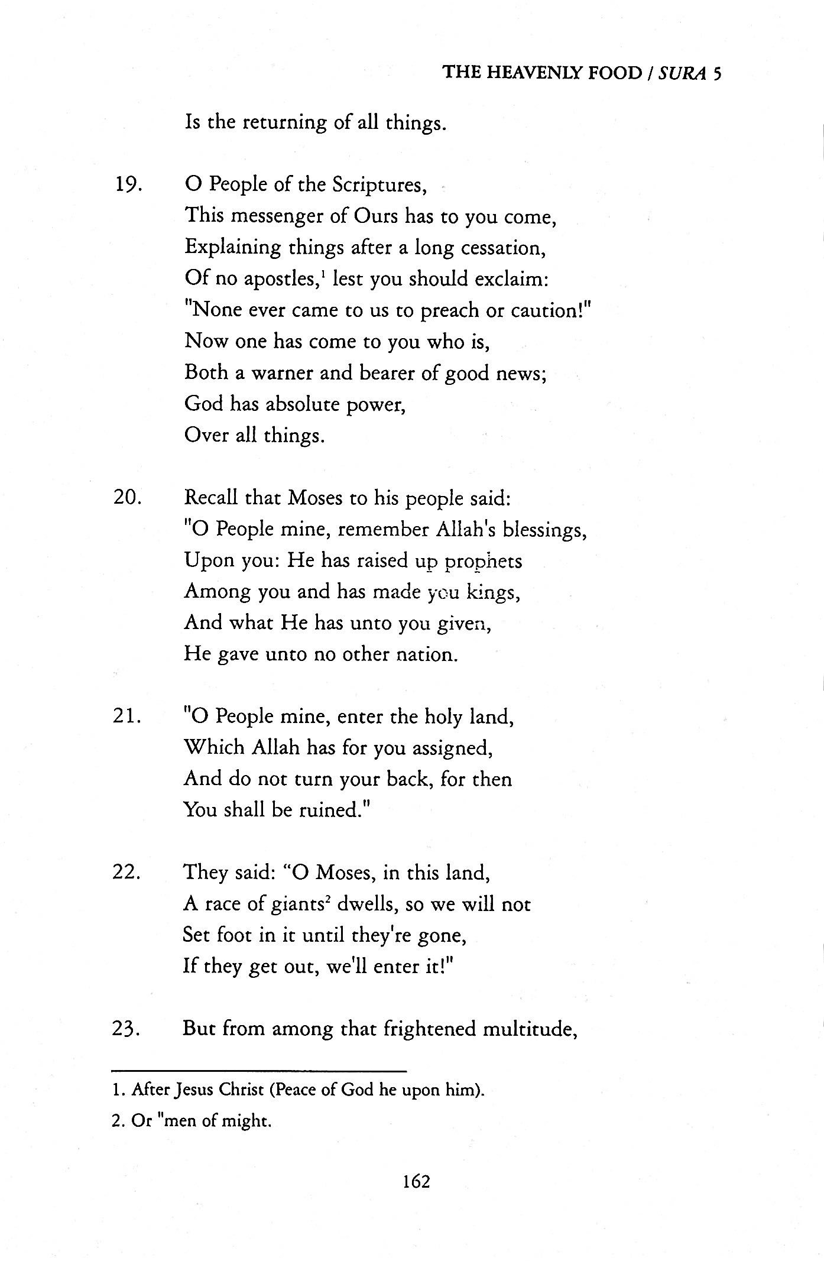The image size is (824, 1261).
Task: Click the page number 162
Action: (x=416, y=1182)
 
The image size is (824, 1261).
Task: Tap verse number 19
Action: (x=127, y=185)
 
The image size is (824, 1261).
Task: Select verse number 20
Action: (x=127, y=497)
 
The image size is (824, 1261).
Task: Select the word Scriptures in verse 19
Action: (x=379, y=185)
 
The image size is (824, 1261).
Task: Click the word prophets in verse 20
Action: (x=483, y=560)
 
